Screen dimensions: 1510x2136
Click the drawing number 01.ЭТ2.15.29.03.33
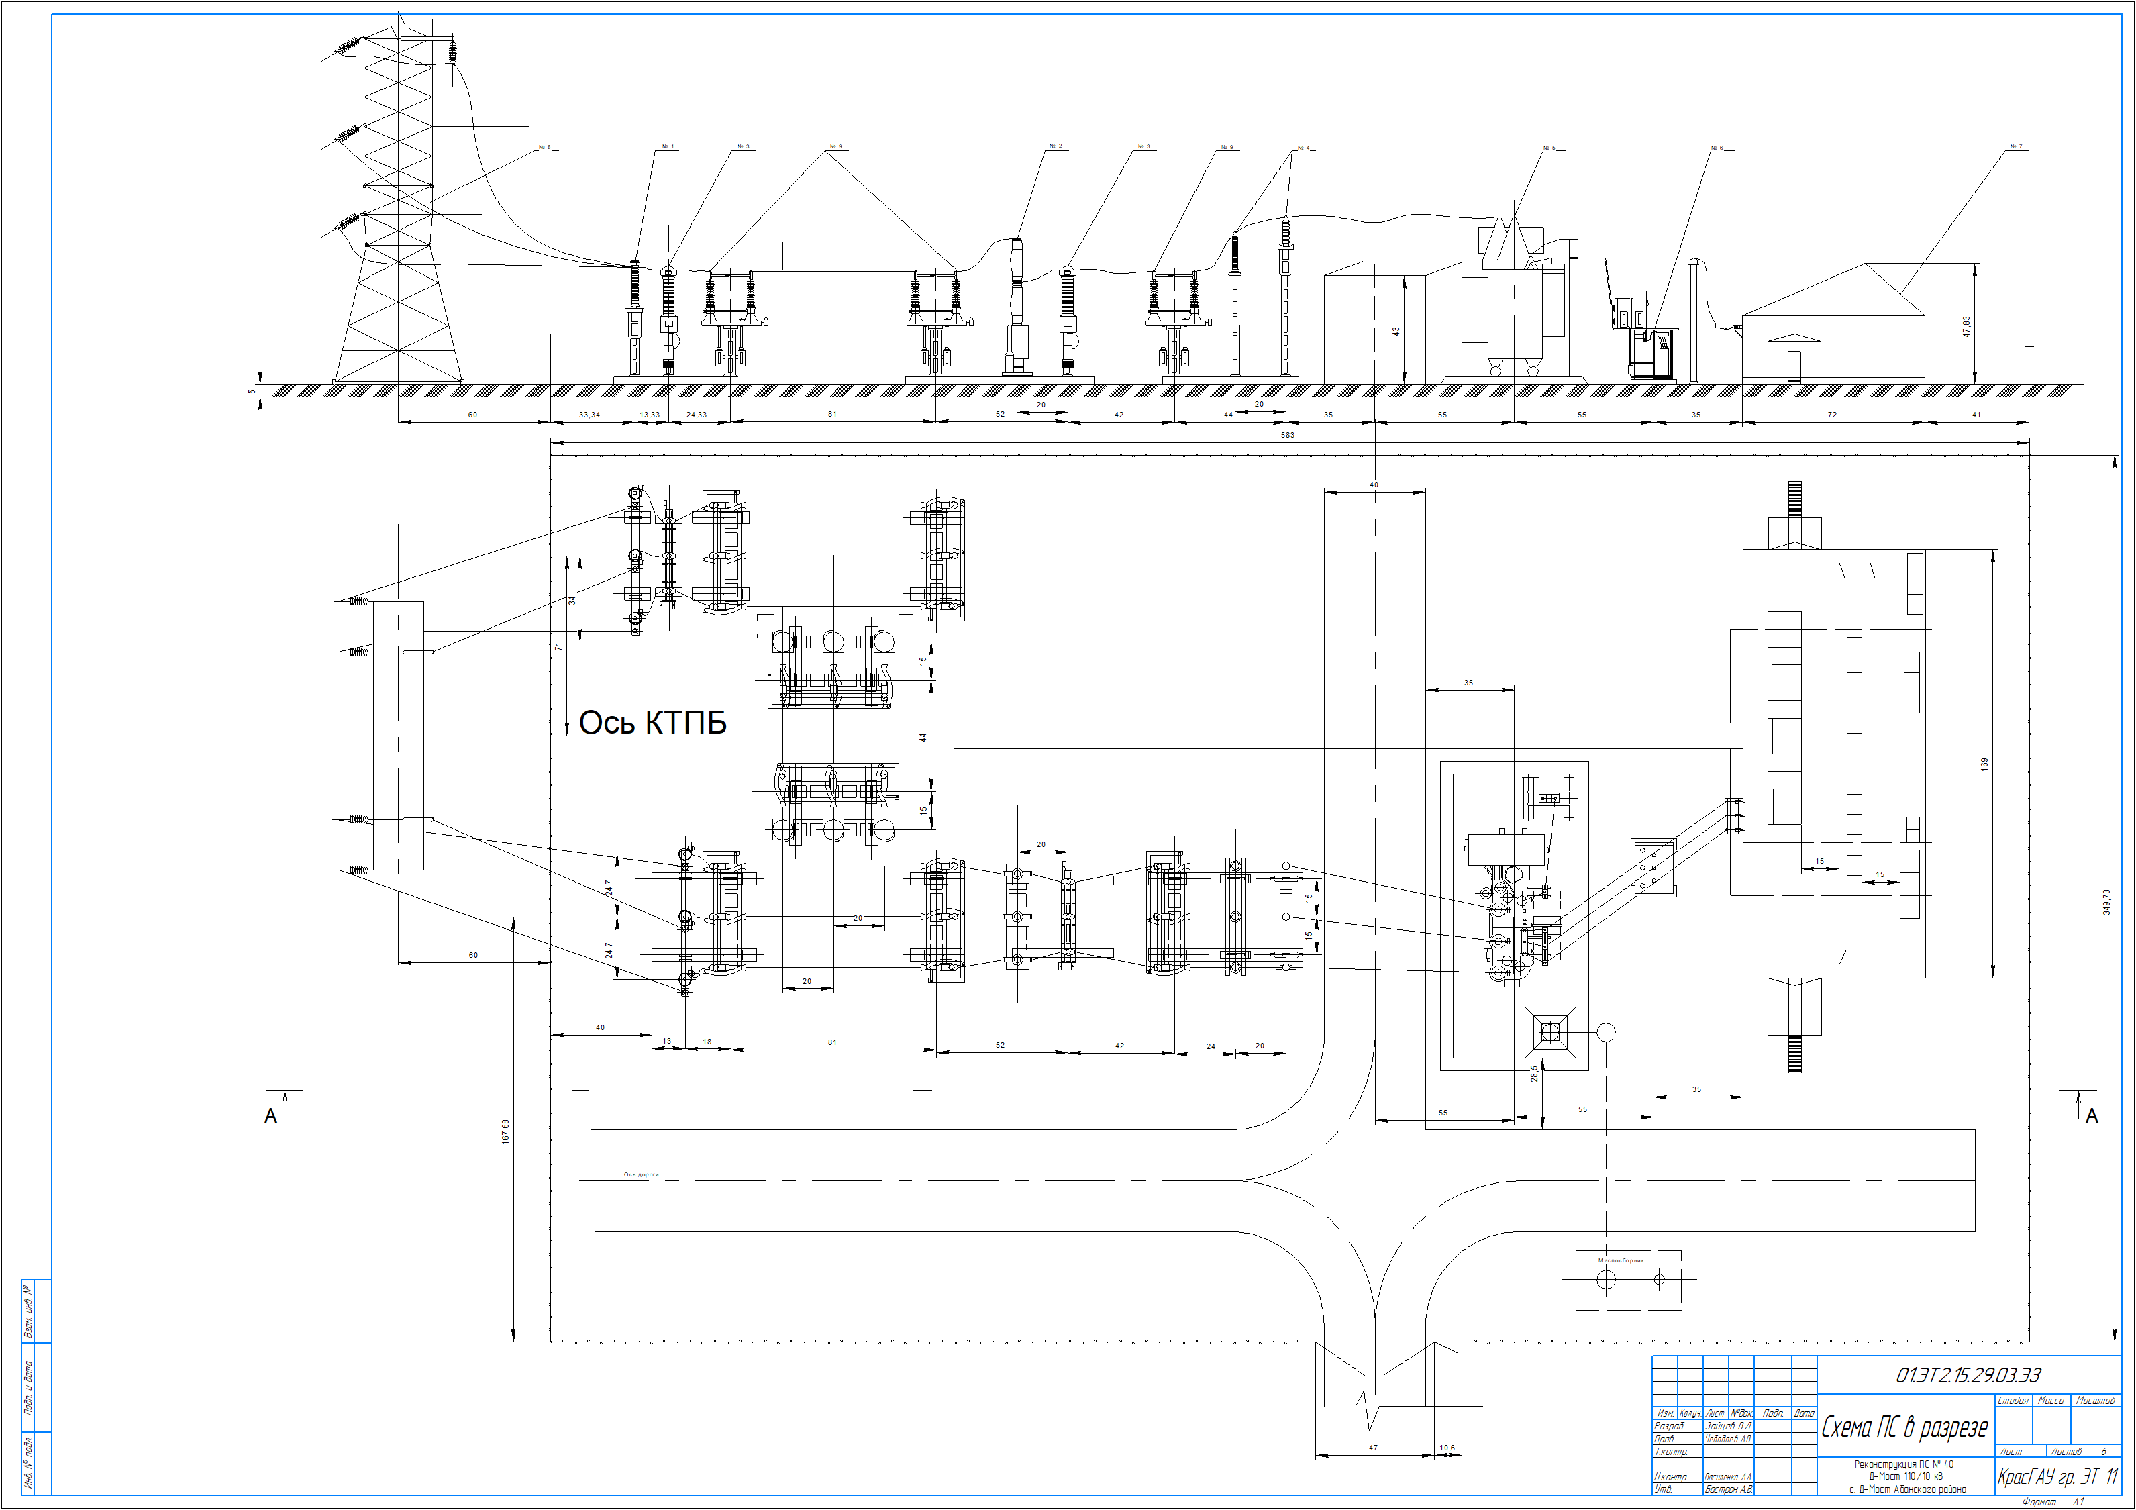coord(1968,1375)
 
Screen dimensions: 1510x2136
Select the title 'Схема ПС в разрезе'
coord(1904,1428)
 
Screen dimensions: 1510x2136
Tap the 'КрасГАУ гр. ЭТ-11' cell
coord(2057,1477)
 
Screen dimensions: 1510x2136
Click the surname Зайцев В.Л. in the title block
coord(1729,1425)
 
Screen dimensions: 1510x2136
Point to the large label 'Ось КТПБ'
coord(652,723)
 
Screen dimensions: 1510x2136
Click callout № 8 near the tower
coord(544,147)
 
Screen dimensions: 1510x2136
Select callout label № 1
coord(668,147)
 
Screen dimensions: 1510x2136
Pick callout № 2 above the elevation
coord(1055,146)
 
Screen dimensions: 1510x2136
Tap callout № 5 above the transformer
coord(1548,148)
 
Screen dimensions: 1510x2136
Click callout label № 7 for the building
coord(2016,147)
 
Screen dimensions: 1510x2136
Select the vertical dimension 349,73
coord(2107,901)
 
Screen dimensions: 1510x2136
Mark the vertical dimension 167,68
coord(506,1131)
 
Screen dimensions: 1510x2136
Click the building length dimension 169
coord(1984,764)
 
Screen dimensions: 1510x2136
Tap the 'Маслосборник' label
coord(1621,1260)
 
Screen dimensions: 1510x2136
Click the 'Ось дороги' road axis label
coord(641,1175)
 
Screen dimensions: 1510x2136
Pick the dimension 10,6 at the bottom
coord(1447,1448)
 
